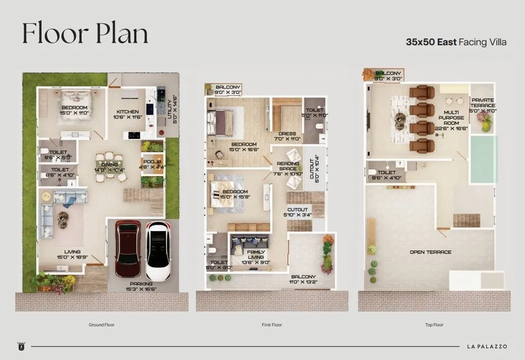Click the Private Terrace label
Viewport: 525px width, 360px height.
483,103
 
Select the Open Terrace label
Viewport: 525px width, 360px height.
431,252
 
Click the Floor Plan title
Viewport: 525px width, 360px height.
85,34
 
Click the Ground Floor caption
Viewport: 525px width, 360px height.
102,325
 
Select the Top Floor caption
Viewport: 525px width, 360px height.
434,325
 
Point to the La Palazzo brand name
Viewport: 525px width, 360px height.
487,346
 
